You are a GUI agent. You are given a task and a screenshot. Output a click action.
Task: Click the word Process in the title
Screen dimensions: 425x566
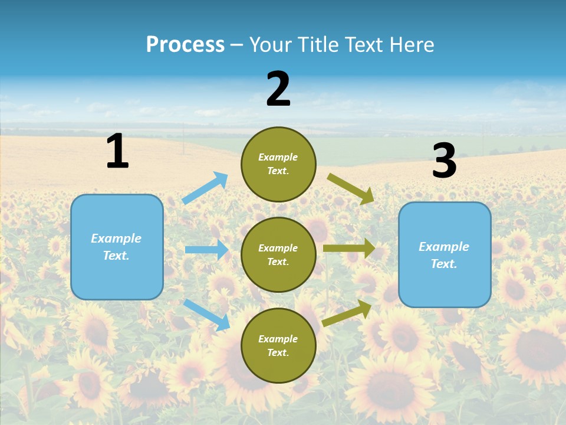pos(185,45)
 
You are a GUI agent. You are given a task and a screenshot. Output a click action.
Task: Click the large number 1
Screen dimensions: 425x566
pos(117,151)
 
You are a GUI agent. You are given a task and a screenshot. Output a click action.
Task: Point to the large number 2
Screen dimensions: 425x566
pos(278,90)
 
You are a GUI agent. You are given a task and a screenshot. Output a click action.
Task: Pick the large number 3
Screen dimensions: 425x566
pos(445,162)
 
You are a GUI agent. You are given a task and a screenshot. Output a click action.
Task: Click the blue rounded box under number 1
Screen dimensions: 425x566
pos(117,247)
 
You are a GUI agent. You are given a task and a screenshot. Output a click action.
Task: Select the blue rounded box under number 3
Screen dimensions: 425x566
pos(445,255)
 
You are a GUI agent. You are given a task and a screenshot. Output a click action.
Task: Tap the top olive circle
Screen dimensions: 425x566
pos(278,164)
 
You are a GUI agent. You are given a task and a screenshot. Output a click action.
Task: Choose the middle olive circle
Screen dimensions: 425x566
pos(278,255)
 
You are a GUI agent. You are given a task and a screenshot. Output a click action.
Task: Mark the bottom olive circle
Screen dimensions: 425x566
pos(278,346)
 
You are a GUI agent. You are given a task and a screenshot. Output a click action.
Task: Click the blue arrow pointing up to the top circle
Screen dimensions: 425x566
pos(205,188)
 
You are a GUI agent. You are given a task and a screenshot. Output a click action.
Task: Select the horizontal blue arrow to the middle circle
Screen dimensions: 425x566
pos(206,250)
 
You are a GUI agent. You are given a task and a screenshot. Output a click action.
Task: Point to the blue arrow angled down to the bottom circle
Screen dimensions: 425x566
pos(206,314)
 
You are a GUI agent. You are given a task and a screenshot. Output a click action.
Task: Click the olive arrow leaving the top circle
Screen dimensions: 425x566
pos(350,188)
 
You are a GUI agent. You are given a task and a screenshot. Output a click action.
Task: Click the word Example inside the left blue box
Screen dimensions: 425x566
pos(116,238)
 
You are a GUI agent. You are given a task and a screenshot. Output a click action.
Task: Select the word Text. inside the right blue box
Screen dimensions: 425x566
pos(444,264)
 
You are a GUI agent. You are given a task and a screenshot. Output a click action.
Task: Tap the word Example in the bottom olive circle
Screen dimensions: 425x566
pos(278,339)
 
